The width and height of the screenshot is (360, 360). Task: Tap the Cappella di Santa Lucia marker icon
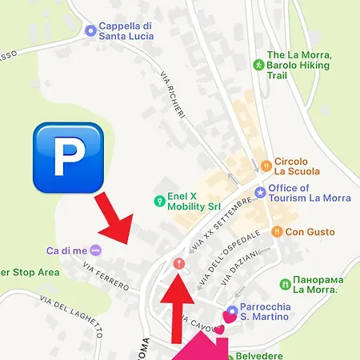click(90, 31)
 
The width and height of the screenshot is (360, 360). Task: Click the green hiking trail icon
click(258, 64)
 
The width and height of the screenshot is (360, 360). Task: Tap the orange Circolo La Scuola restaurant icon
click(265, 166)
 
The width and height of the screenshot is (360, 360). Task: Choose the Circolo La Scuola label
click(297, 166)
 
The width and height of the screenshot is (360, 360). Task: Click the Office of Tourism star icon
click(259, 192)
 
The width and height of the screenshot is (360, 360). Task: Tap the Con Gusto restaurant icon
click(276, 231)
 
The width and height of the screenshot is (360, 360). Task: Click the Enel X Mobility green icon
click(159, 199)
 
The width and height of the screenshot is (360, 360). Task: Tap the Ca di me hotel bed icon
click(96, 250)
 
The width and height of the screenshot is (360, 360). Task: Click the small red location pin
click(179, 262)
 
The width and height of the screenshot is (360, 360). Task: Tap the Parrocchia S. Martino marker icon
click(232, 311)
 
